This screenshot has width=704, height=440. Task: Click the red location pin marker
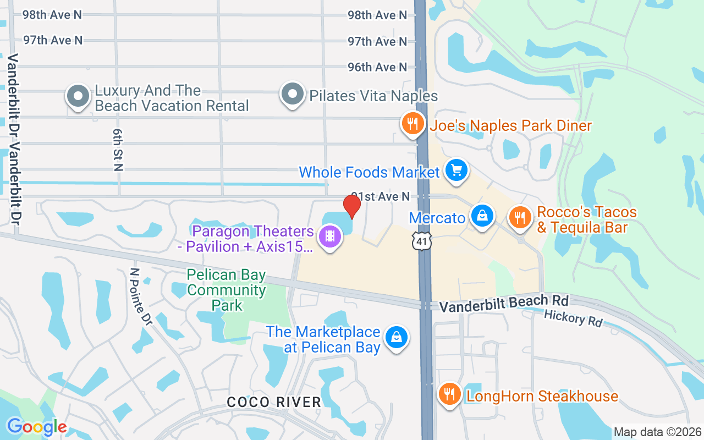point(352,206)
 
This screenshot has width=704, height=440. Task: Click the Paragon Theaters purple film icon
point(330,237)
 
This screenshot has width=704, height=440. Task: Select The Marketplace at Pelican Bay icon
point(395,337)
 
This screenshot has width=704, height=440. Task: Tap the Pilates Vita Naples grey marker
point(293,94)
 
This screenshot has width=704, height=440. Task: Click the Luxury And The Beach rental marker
point(78,96)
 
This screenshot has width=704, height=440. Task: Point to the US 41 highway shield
point(424,240)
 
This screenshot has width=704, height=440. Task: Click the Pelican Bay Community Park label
point(227,289)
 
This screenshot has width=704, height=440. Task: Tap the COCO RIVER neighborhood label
point(274,402)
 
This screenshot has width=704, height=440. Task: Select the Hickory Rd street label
point(573,317)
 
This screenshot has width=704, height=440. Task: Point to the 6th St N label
point(118,150)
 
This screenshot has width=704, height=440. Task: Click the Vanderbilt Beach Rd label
point(503,302)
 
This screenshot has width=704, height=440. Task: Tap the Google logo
point(37,427)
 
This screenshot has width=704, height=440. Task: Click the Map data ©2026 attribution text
point(658,432)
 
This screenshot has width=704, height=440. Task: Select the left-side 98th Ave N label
point(52,14)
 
